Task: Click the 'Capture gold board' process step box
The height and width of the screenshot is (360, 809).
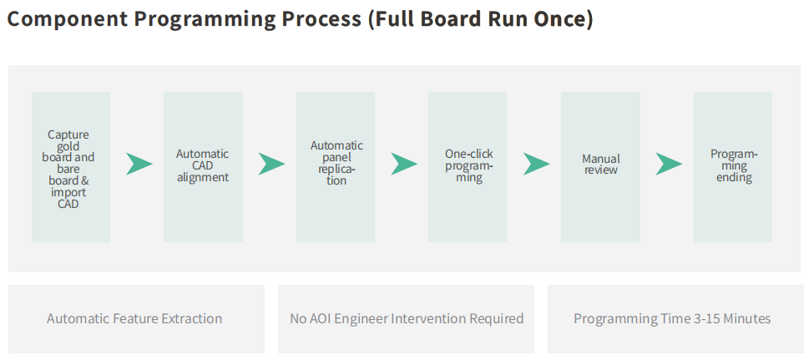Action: [x=71, y=167]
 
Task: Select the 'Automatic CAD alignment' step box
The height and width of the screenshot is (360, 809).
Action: [x=203, y=167]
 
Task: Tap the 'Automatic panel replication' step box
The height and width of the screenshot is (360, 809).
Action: [x=336, y=167]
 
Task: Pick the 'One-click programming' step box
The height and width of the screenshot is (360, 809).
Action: [x=468, y=167]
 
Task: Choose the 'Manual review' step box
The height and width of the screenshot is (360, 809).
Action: [x=600, y=167]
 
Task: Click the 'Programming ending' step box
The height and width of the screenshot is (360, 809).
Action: [x=733, y=167]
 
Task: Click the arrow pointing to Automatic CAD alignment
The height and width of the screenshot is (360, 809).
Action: [x=139, y=164]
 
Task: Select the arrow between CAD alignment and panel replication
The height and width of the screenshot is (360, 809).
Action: [x=271, y=164]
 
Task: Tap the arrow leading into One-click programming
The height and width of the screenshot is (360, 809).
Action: [x=403, y=164]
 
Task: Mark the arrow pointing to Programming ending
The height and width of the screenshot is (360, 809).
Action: [x=668, y=164]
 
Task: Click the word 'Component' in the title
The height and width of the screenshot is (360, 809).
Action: [x=67, y=19]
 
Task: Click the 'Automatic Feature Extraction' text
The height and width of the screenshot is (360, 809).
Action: [x=134, y=319]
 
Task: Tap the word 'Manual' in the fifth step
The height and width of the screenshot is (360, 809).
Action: [x=601, y=159]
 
